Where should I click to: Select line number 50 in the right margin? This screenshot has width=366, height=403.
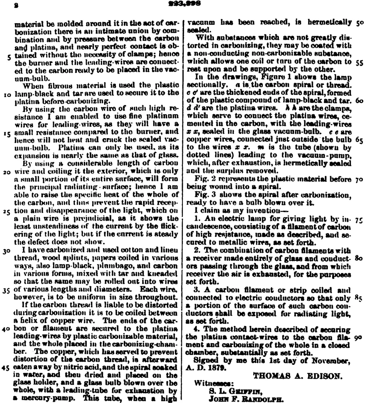359,23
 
